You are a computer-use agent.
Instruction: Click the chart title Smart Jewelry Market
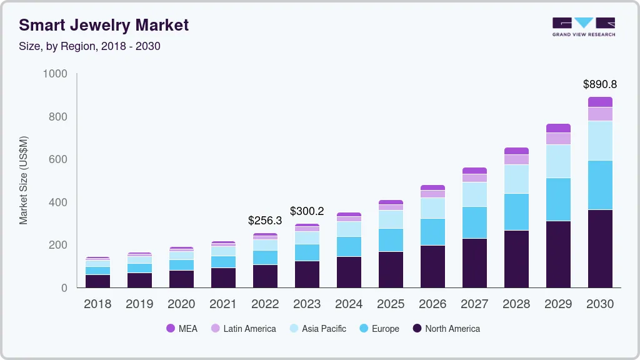104,25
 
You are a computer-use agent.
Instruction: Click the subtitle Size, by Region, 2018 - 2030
89,46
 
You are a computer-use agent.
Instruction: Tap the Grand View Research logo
583,26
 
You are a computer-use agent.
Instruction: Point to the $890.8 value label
600,84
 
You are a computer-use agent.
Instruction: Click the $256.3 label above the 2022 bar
265,221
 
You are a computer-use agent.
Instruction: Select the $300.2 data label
307,211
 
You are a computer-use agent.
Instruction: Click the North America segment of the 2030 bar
600,249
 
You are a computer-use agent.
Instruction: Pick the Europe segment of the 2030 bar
600,185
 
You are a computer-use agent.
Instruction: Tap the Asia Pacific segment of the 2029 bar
558,161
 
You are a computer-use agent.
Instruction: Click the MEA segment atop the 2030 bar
600,102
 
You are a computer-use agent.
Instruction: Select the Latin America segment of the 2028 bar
516,159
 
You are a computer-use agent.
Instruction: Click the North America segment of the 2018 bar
97,281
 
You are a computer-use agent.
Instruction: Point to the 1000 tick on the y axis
55,74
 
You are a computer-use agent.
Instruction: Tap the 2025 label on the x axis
391,304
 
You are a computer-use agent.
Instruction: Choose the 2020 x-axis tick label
181,304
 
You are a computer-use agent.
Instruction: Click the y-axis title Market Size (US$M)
24,181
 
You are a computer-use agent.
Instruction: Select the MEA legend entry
182,329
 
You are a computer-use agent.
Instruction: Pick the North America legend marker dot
417,329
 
